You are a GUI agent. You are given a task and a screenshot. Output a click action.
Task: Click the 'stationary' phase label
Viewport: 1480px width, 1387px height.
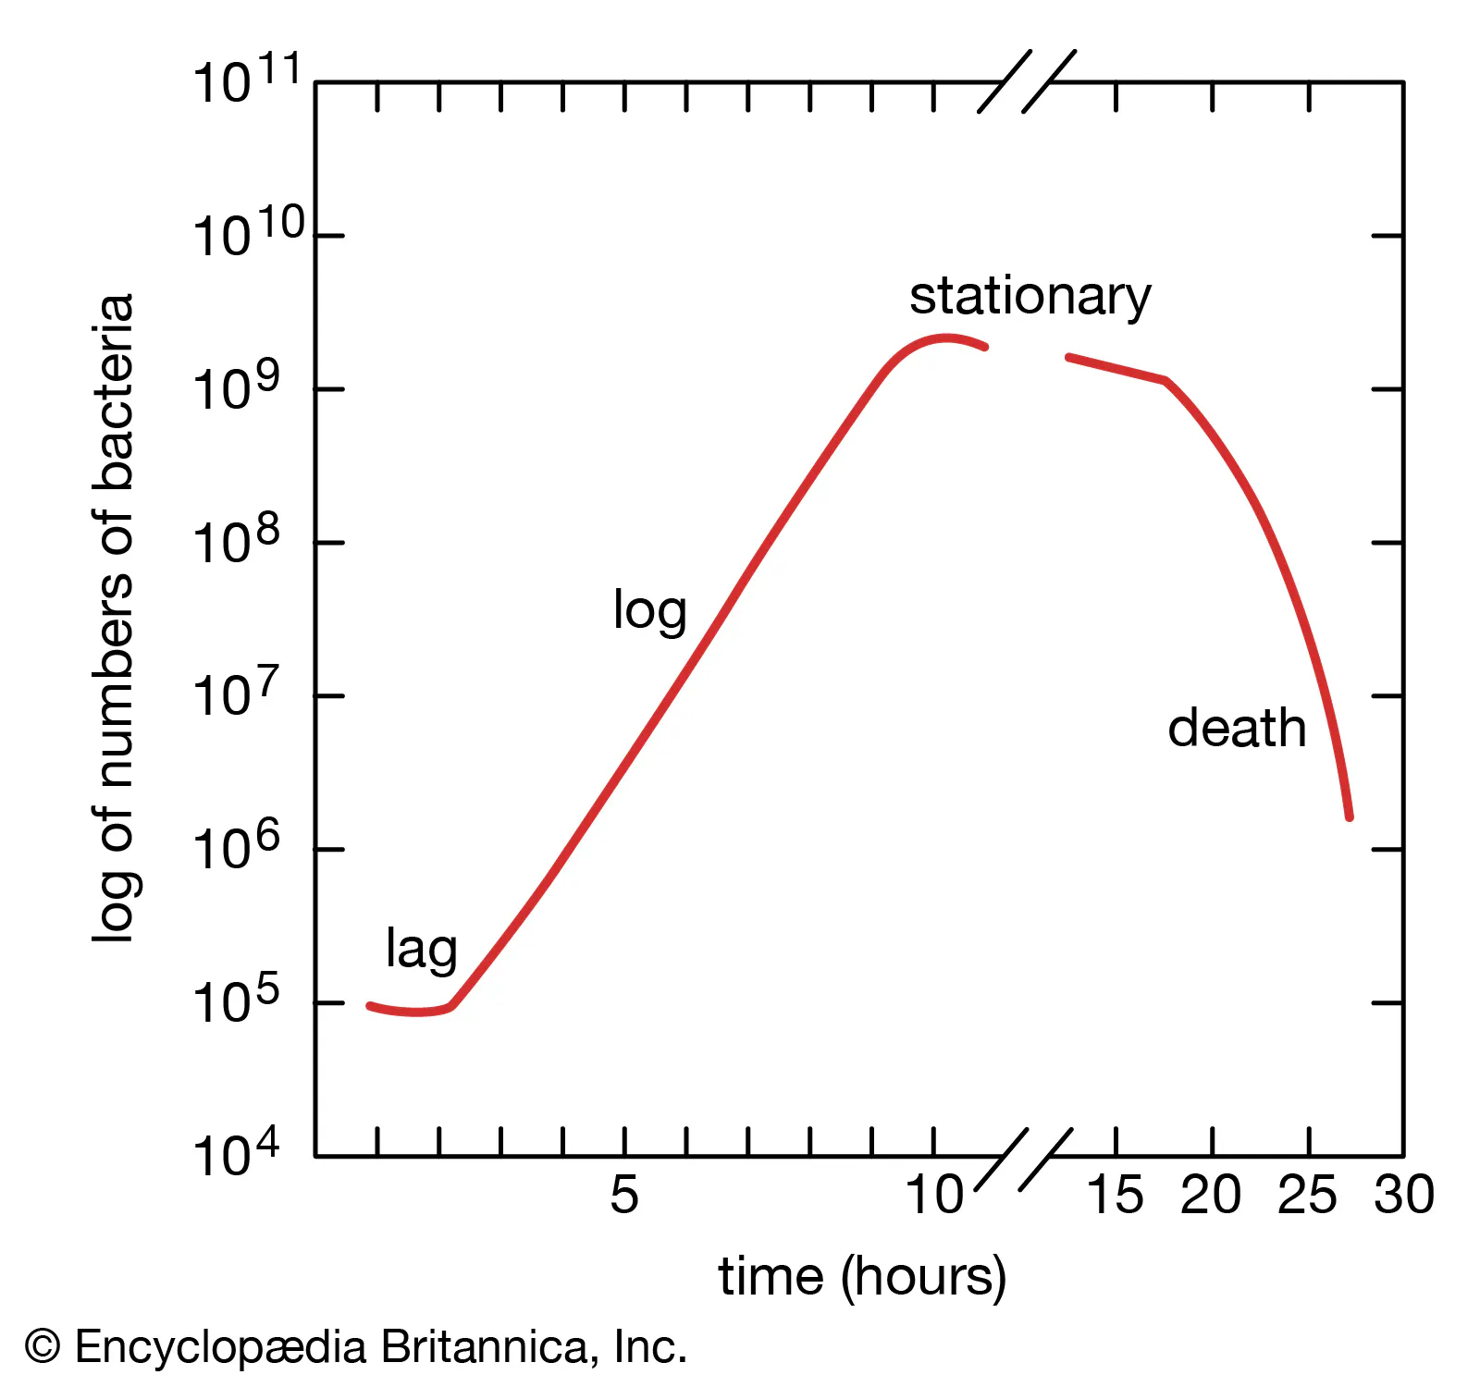tap(1030, 298)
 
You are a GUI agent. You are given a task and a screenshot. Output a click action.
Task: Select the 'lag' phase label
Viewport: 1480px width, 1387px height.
tap(421, 951)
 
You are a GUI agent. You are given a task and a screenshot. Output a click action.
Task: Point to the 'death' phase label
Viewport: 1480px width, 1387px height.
tap(1237, 729)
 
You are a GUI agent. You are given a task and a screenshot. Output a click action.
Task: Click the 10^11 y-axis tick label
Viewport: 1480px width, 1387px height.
tap(246, 81)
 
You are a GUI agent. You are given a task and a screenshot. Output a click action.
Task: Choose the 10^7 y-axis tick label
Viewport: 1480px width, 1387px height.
tap(235, 695)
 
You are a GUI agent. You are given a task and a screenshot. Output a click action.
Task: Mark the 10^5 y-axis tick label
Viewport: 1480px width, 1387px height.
tap(235, 1002)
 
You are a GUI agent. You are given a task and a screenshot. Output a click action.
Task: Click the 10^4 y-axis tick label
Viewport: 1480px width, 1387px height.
tap(235, 1155)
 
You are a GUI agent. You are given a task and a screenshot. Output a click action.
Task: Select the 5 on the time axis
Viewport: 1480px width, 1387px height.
tap(623, 1195)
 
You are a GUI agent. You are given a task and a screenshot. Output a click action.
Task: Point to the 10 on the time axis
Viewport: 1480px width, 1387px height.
tap(933, 1195)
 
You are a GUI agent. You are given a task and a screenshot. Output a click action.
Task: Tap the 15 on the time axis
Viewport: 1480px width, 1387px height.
tap(1115, 1195)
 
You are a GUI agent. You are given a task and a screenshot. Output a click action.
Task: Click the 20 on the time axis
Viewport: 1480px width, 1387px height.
tap(1211, 1195)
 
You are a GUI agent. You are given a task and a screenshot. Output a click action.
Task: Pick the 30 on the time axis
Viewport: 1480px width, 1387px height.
tap(1403, 1195)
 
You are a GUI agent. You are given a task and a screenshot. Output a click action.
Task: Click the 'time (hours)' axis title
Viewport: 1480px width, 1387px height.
tap(862, 1278)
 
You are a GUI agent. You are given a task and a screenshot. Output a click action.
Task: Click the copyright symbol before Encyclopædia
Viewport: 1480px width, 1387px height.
tap(43, 1347)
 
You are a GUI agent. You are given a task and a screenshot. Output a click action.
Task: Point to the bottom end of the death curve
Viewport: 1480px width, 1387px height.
tap(1350, 816)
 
